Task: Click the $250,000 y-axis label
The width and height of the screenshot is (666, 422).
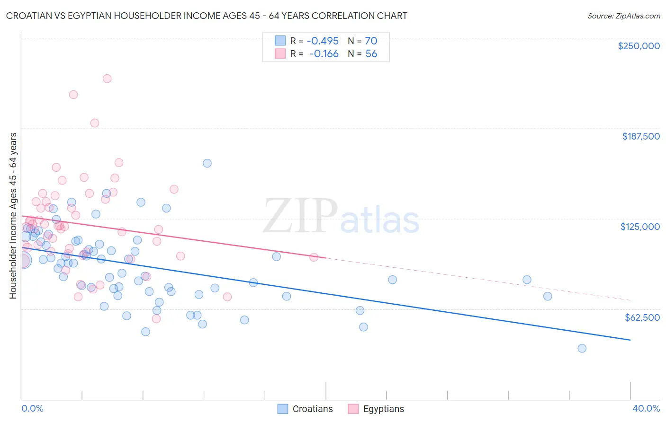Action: point(639,46)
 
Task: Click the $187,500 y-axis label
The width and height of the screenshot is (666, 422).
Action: point(640,136)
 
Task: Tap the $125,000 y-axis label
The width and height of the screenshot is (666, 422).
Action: point(640,227)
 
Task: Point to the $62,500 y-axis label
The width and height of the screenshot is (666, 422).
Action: point(642,317)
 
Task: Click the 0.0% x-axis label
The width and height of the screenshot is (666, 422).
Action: point(32,408)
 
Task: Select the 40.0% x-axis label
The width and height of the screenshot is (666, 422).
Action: point(646,408)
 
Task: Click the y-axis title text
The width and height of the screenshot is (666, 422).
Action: point(13,215)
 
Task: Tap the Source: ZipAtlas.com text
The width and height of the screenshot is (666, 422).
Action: point(623,16)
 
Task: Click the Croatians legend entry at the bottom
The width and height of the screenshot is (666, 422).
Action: point(312,409)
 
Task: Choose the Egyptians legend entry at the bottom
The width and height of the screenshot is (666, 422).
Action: point(383,409)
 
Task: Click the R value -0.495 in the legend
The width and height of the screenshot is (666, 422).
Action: point(324,41)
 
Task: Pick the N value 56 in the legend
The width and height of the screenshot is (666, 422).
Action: point(371,54)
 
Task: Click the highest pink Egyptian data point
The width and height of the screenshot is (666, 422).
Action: point(107,79)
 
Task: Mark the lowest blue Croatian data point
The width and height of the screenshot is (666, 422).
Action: point(582,348)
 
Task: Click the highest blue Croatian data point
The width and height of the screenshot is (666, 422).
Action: point(207,163)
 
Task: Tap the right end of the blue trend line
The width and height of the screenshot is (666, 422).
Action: point(630,340)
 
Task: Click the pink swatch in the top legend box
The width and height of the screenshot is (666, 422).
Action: point(280,54)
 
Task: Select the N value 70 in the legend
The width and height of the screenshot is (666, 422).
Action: point(371,41)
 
